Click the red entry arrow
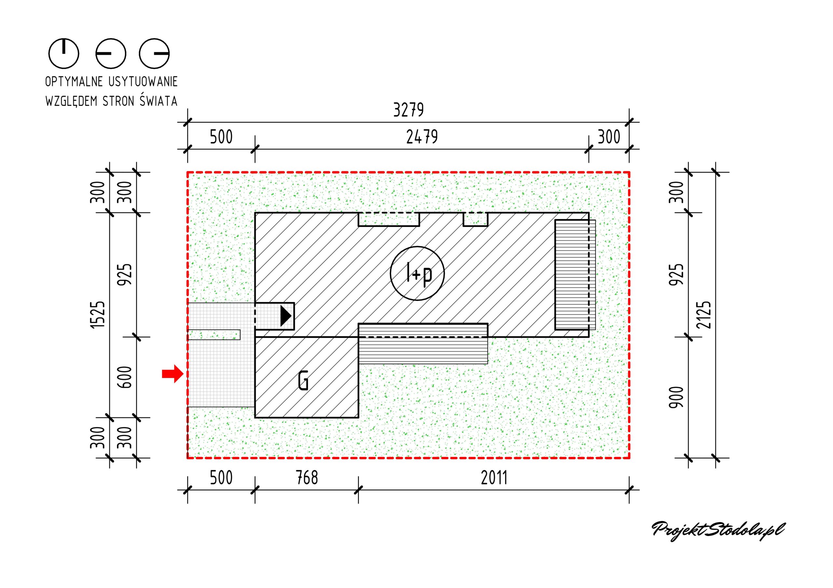(x=173, y=374)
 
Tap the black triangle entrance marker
(x=285, y=316)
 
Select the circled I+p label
(x=417, y=273)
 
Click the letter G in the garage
(x=303, y=381)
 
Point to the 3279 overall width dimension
(x=408, y=110)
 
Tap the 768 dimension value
(x=307, y=478)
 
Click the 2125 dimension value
(x=704, y=315)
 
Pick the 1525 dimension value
(x=98, y=315)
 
